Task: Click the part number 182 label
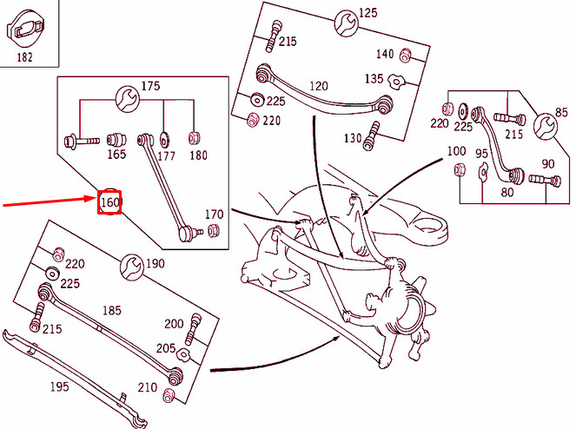[x=24, y=57]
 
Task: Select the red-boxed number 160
[x=109, y=202]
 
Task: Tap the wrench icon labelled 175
[x=127, y=98]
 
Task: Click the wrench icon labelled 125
[x=346, y=23]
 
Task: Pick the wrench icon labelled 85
[x=545, y=127]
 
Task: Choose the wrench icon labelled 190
[x=132, y=267]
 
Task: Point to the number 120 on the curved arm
[x=319, y=86]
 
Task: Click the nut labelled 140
[x=405, y=55]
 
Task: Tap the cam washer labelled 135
[x=397, y=81]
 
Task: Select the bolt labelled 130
[x=371, y=135]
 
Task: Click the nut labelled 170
[x=213, y=231]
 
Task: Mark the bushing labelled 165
[x=116, y=140]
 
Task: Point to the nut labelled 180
[x=194, y=138]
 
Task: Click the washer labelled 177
[x=164, y=140]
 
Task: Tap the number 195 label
[x=59, y=386]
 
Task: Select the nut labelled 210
[x=169, y=395]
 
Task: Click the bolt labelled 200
[x=193, y=329]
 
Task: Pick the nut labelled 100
[x=459, y=169]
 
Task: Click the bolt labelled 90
[x=545, y=179]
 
